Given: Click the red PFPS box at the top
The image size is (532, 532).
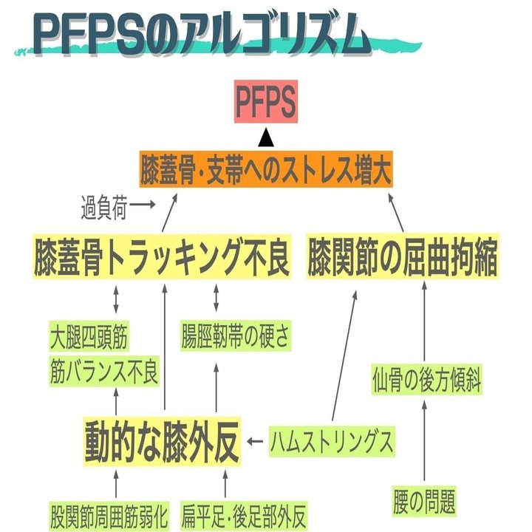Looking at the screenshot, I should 266,102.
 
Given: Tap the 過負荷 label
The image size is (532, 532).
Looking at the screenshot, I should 103,209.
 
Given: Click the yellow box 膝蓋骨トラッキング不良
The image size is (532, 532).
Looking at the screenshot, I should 162,256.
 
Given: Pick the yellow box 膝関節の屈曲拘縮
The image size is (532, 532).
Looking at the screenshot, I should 402,256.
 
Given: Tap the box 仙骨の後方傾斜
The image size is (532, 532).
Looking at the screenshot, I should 427,381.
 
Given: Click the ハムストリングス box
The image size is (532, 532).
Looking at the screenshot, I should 330,443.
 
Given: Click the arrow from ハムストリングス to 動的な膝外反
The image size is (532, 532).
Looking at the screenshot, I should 256,443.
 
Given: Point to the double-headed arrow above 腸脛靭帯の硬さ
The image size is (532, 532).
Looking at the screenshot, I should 216,297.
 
